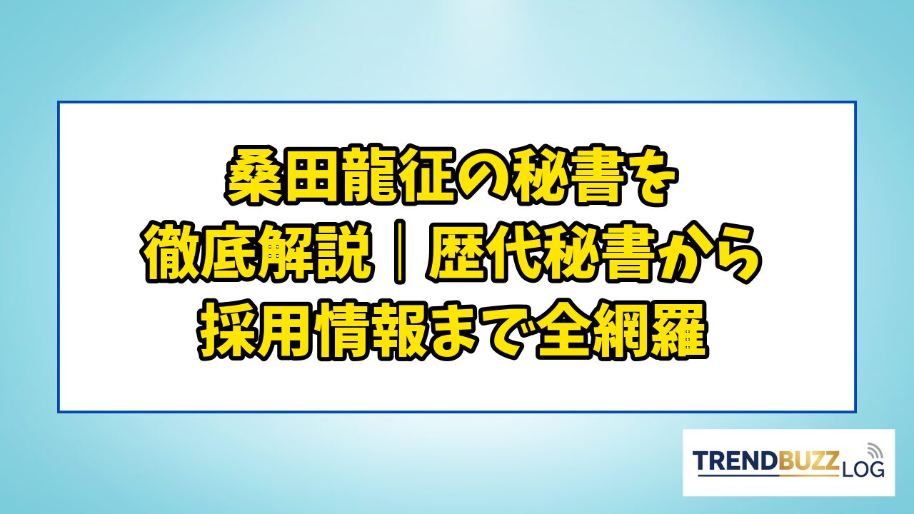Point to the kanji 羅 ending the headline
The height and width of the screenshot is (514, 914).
click(x=678, y=330)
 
